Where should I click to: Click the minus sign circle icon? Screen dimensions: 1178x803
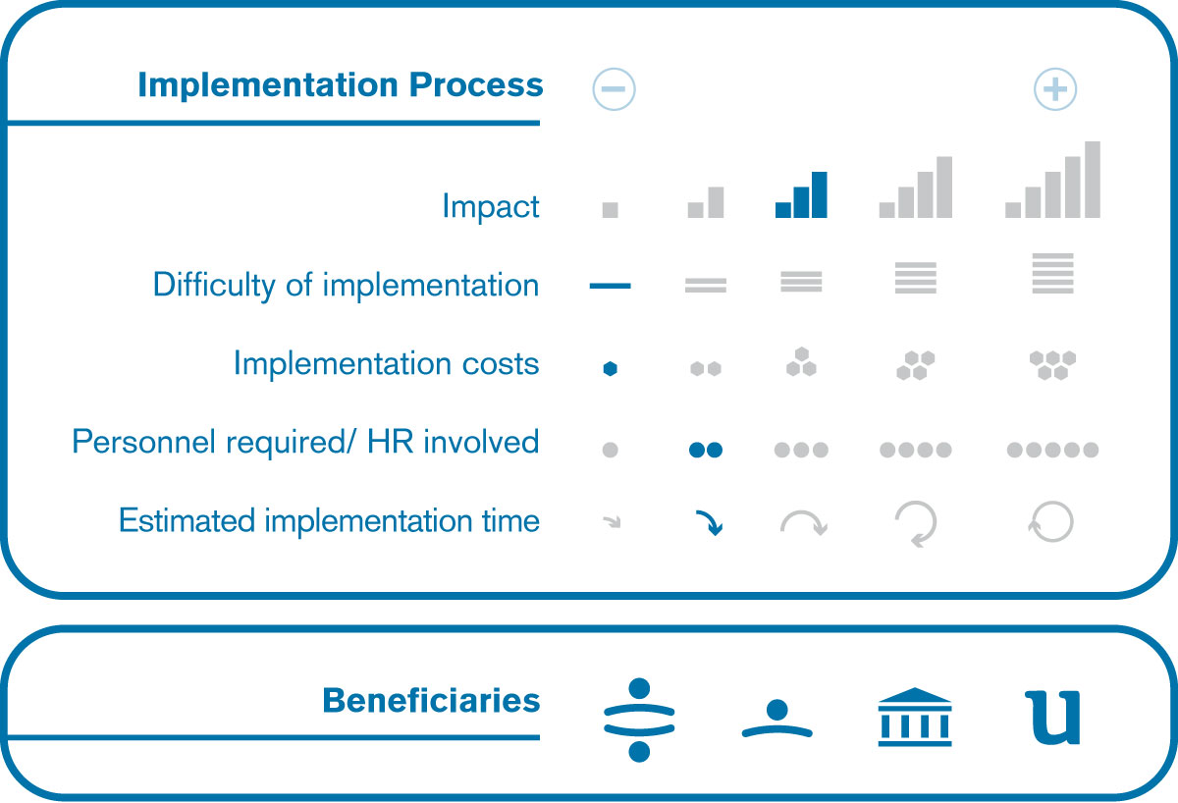(614, 89)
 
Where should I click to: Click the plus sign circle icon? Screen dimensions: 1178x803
(1055, 89)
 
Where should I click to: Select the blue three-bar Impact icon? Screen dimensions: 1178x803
(801, 194)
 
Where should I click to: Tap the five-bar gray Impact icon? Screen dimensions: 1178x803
(1052, 180)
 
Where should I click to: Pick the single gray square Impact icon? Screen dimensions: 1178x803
(610, 210)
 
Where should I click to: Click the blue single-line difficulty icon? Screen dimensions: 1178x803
(610, 286)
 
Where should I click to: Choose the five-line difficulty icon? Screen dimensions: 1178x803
(1052, 274)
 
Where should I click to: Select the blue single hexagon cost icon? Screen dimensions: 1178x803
(610, 369)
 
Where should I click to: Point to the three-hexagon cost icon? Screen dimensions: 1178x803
(801, 362)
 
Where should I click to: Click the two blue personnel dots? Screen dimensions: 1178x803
(706, 450)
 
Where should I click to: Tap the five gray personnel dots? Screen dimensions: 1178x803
(1052, 450)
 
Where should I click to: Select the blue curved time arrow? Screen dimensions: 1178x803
(710, 522)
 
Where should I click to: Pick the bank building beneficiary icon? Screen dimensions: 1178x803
(915, 717)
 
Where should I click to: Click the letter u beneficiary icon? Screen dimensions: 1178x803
(1052, 718)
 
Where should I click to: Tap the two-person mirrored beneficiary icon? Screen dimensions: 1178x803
(639, 720)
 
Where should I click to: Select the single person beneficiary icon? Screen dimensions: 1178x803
(777, 719)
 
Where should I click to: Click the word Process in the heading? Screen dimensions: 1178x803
(476, 85)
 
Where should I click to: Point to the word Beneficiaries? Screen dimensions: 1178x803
(431, 701)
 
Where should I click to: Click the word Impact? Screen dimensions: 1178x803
(491, 206)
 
